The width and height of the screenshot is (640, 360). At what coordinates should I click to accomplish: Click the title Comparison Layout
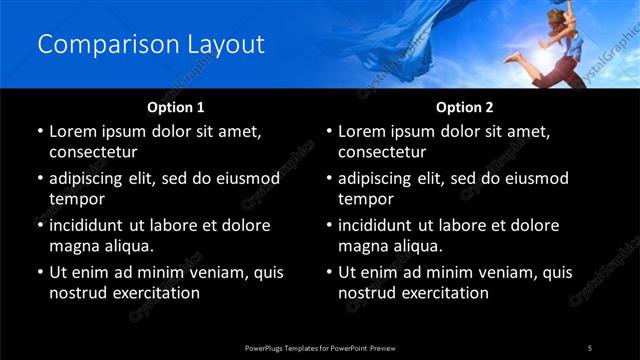click(x=151, y=45)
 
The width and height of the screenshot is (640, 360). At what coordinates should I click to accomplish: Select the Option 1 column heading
click(x=176, y=107)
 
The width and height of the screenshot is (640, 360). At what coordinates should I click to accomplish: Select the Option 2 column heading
click(x=465, y=107)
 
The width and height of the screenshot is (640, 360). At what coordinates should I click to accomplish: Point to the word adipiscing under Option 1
click(x=94, y=178)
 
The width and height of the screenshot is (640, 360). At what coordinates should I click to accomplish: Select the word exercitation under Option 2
click(x=441, y=293)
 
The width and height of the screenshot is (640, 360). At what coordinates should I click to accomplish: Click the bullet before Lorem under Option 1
click(x=39, y=132)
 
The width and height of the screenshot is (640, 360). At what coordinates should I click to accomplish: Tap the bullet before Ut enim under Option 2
click(x=328, y=272)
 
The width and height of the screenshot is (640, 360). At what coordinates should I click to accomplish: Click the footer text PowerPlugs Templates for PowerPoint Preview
click(x=320, y=347)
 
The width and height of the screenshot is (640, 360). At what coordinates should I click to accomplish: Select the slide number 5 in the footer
click(x=589, y=347)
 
